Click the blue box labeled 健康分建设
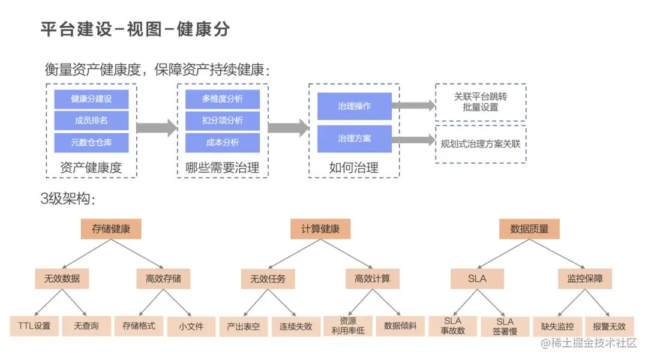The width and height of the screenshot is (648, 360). click(91, 99)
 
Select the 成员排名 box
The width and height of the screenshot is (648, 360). click(91, 120)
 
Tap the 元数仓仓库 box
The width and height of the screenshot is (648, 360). click(91, 143)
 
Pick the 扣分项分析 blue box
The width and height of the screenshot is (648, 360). click(223, 120)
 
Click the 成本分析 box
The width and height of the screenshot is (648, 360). click(223, 143)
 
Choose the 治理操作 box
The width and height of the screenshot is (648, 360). click(354, 106)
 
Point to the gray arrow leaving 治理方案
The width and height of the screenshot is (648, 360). click(413, 140)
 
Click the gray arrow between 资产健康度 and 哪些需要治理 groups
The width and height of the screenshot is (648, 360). click(157, 128)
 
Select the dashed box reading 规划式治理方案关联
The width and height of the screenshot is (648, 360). click(481, 144)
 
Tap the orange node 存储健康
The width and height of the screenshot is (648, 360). click(111, 229)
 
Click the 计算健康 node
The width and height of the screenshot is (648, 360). click(320, 229)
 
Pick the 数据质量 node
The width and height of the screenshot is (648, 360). click(529, 229)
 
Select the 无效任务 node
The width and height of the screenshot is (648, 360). click(268, 279)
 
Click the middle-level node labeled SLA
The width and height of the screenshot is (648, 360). click(478, 279)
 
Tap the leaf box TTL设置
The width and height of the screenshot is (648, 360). click(34, 326)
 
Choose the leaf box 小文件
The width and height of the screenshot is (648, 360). click(191, 326)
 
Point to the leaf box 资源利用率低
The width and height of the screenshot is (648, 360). click(348, 326)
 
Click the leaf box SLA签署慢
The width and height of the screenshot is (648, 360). click(505, 326)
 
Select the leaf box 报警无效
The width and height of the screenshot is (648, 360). click(609, 326)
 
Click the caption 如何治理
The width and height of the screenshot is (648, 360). click(354, 168)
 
